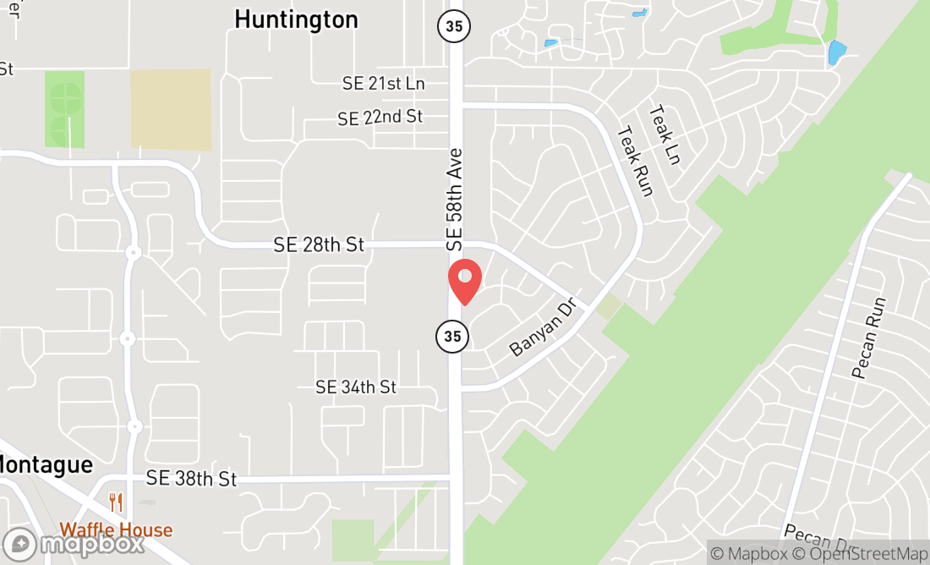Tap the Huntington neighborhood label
(296, 19)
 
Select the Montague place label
(46, 464)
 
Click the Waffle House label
(116, 531)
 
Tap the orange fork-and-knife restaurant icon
(116, 503)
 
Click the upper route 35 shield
(454, 25)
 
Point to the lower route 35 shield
(452, 336)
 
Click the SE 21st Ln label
(383, 84)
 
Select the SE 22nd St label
(380, 118)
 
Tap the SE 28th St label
(319, 244)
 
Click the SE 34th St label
(356, 387)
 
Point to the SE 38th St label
(191, 479)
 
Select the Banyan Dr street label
(542, 326)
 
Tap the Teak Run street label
(636, 161)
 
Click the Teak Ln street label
(665, 134)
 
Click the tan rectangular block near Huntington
(171, 110)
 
